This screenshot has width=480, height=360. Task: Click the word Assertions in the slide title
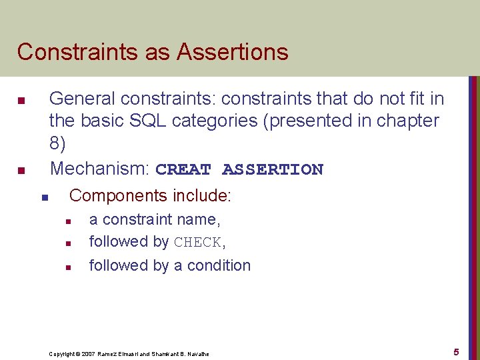235,51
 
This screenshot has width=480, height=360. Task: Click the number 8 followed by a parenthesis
57,143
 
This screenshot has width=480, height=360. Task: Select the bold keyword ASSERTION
273,169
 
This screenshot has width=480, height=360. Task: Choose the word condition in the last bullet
219,265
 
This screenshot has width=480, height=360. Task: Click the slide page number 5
456,351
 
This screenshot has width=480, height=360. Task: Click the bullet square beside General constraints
21,101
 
